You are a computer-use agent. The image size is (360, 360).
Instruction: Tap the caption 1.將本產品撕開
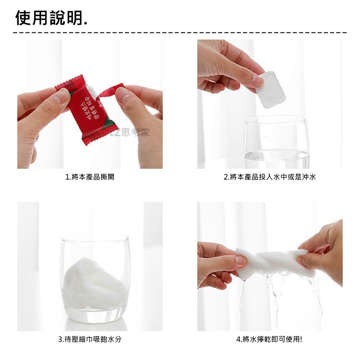point(90,177)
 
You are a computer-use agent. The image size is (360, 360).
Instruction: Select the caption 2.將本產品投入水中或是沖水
point(270,177)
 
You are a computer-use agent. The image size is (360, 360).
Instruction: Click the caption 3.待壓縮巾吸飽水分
point(90,339)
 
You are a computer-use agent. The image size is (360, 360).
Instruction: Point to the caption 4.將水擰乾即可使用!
point(270,339)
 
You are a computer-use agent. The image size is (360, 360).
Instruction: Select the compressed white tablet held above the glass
point(272,90)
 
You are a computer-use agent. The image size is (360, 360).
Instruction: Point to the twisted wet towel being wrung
point(274,261)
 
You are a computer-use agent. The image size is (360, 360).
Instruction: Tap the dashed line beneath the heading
point(180,33)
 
